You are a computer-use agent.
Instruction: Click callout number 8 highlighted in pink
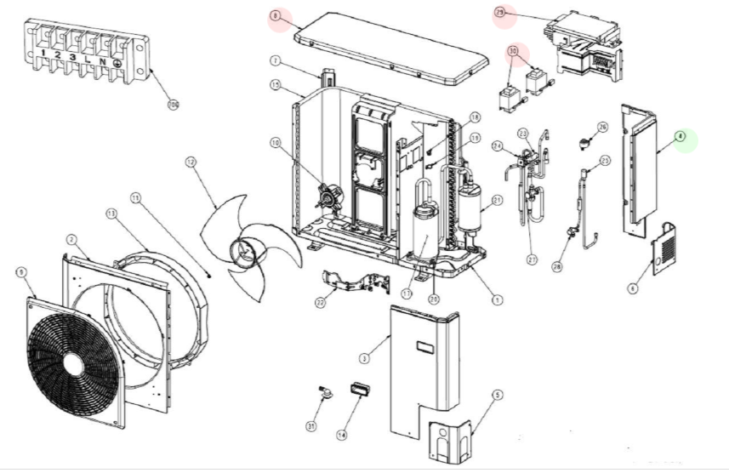coord(275,16)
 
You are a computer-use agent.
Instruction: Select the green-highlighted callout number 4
coord(681,136)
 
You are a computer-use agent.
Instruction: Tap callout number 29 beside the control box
coord(500,13)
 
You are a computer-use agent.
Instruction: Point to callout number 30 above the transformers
coord(513,52)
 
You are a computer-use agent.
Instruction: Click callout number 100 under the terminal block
coord(174,105)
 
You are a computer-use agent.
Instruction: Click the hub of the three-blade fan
coord(242,251)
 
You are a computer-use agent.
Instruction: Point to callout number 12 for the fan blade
coord(191,162)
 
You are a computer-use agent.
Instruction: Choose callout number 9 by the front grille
coord(21,271)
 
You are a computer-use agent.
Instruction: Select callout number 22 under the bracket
coord(320,303)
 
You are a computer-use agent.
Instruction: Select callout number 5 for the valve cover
coord(498,394)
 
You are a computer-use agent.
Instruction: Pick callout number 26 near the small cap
coord(603,128)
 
